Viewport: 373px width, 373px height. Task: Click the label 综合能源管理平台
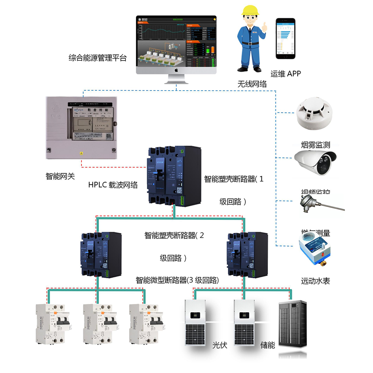[98, 58]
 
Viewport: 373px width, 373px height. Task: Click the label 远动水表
[316, 281]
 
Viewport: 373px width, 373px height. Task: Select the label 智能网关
[60, 176]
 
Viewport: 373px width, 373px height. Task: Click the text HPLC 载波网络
[113, 185]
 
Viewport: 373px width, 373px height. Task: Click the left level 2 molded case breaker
[100, 254]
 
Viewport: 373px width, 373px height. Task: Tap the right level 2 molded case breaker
[247, 254]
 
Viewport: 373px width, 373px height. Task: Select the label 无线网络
[253, 84]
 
